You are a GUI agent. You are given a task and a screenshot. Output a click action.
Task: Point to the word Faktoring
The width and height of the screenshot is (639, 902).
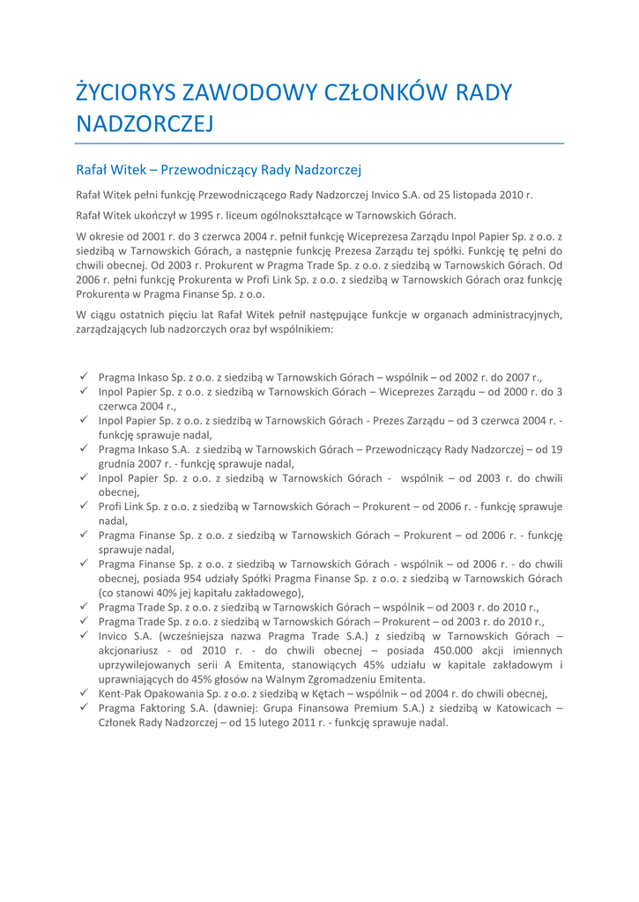[x=170, y=720]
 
